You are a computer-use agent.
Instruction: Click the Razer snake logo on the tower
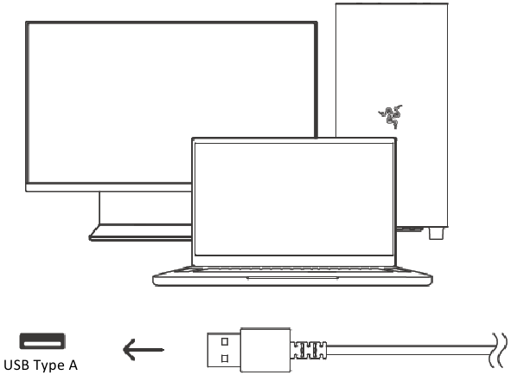pyautogui.click(x=391, y=117)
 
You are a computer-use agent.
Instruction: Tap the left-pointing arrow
pyautogui.click(x=144, y=350)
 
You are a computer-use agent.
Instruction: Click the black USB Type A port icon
pyautogui.click(x=42, y=341)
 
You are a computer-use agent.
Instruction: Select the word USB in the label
pyautogui.click(x=16, y=365)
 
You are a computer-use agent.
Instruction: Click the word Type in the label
pyautogui.click(x=48, y=365)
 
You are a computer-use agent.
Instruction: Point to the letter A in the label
pyautogui.click(x=73, y=365)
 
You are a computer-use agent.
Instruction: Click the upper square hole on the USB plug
pyautogui.click(x=225, y=342)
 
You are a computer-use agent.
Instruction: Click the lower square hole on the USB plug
pyautogui.click(x=225, y=359)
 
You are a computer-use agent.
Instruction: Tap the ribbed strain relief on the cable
pyautogui.click(x=309, y=350)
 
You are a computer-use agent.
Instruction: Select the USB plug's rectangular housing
pyautogui.click(x=265, y=350)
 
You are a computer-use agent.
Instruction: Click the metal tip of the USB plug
pyautogui.click(x=224, y=350)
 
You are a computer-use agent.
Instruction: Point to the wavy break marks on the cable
pyautogui.click(x=499, y=350)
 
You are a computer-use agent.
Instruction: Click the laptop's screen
pyautogui.click(x=294, y=199)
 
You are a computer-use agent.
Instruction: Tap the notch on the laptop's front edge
pyautogui.click(x=292, y=278)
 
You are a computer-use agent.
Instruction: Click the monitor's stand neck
pyautogui.click(x=145, y=208)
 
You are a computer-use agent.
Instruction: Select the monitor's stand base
pyautogui.click(x=141, y=233)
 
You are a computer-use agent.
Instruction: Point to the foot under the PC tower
pyautogui.click(x=436, y=233)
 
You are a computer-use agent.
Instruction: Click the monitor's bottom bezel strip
pyautogui.click(x=109, y=188)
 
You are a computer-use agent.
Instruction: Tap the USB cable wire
pyautogui.click(x=409, y=350)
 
